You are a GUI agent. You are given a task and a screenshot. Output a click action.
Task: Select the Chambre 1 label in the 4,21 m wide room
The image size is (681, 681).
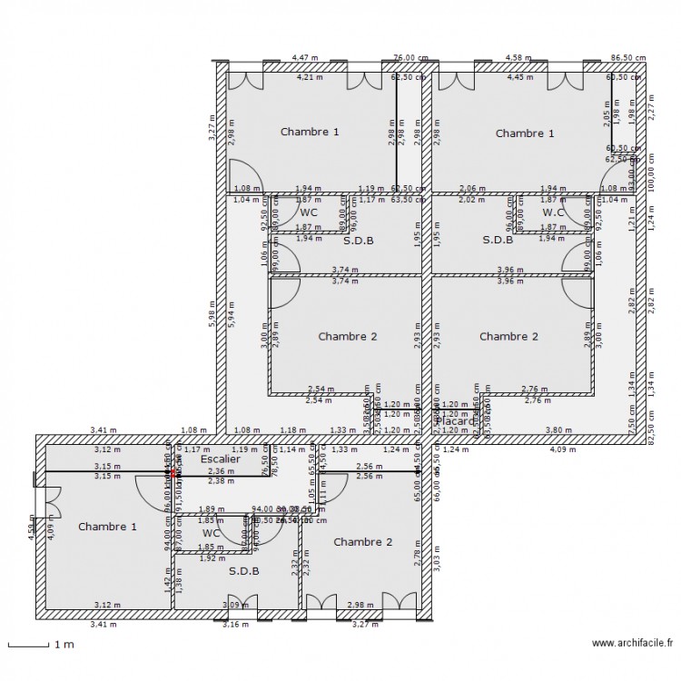310,132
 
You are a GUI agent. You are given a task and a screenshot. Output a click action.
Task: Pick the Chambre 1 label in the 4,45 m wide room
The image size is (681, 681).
525,133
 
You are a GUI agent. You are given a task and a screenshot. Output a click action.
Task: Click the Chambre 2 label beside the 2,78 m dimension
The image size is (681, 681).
363,542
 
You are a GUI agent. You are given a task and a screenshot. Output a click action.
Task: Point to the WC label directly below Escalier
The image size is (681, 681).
211,533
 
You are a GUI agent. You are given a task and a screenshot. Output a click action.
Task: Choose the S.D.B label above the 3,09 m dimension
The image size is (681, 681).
243,571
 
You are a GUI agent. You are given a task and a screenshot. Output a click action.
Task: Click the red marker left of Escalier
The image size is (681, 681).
173,472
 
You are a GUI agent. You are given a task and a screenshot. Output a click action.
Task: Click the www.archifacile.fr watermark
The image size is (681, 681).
632,644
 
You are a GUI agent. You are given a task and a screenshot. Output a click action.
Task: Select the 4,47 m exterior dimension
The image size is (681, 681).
305,57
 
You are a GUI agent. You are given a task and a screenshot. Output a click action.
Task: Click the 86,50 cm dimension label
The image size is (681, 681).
627,57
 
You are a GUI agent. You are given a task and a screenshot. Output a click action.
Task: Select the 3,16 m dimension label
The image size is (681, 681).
235,625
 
